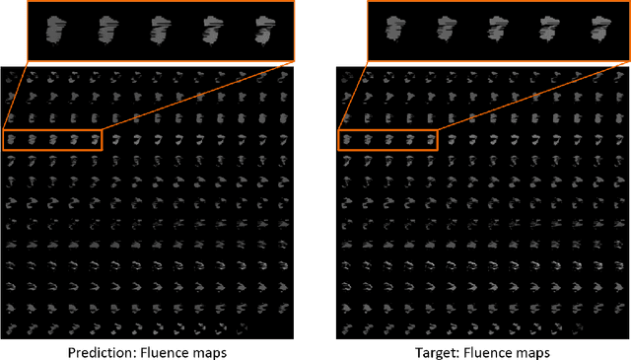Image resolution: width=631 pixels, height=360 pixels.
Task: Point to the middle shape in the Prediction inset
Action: pos(160,33)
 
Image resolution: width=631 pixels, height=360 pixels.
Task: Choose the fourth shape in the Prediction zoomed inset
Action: pos(211,33)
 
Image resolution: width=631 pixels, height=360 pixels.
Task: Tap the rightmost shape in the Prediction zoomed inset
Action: pos(262,33)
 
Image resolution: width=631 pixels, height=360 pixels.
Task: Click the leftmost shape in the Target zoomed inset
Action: pos(393,33)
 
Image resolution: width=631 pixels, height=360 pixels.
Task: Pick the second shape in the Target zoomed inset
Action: pos(445,33)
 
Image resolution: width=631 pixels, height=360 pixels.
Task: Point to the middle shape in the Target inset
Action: pos(496,33)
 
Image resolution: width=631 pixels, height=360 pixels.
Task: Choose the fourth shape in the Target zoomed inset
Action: pos(547,33)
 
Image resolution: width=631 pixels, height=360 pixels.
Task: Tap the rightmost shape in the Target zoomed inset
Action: pos(597,33)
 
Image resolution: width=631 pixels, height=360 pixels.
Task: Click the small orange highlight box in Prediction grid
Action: pos(53,140)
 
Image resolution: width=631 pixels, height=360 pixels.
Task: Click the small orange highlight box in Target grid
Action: pos(386,140)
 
